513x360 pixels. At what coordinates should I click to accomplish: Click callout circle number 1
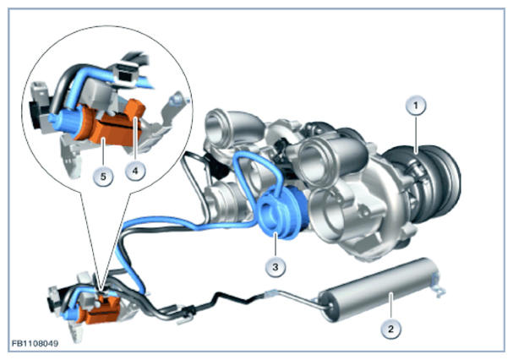tap(416, 106)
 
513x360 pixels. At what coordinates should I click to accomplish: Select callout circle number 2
tap(390, 329)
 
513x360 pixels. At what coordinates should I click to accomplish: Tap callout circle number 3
tap(276, 267)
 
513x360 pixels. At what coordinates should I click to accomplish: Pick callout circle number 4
tap(135, 170)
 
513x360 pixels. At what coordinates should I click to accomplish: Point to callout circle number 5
tap(103, 177)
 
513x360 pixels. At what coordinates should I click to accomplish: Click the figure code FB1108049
tap(35, 343)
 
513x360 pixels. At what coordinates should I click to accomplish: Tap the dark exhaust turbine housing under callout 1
tap(425, 183)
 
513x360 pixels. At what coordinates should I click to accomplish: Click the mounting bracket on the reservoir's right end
tap(438, 284)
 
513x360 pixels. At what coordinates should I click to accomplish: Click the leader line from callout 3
tap(276, 244)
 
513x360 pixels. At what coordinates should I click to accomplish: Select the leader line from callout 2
tap(390, 306)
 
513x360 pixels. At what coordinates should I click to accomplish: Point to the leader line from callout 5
tap(103, 153)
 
